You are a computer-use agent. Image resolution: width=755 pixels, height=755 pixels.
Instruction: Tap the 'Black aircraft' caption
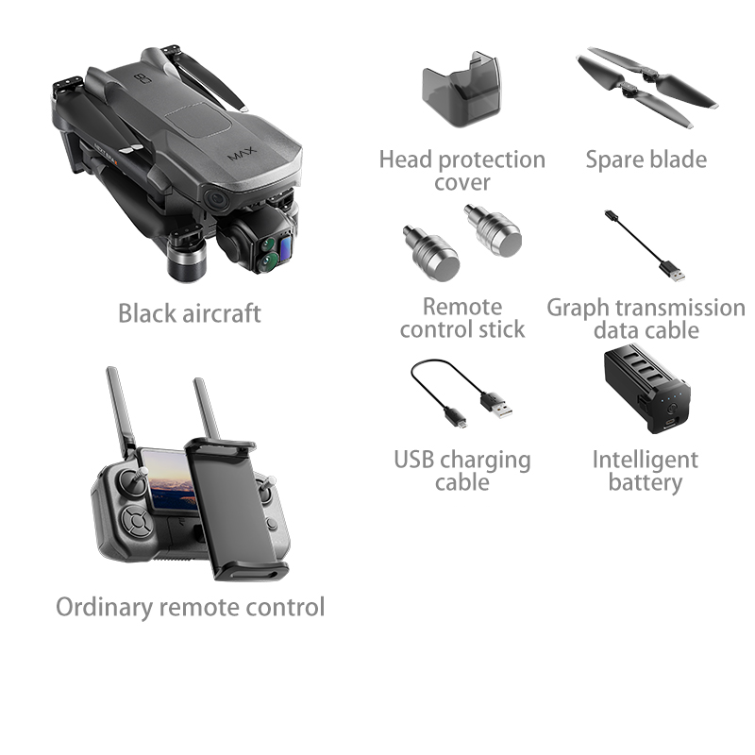point(189,313)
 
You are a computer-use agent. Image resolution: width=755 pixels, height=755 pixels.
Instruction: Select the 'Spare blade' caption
point(646,159)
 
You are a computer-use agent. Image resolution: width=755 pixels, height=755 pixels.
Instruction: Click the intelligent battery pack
point(645,391)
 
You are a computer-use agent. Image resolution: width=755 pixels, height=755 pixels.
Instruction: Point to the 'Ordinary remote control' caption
point(190,607)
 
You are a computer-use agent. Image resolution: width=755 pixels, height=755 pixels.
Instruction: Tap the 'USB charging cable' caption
point(461,471)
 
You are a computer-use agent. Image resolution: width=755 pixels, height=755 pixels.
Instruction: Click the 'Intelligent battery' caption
point(645,471)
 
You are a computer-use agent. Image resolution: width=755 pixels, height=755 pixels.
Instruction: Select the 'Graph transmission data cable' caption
point(646,319)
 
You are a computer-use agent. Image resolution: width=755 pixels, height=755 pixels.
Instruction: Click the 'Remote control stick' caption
point(461,318)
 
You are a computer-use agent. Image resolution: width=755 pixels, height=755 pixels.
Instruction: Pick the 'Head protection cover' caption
point(461,171)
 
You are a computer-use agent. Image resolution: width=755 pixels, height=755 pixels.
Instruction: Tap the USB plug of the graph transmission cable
point(673,272)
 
